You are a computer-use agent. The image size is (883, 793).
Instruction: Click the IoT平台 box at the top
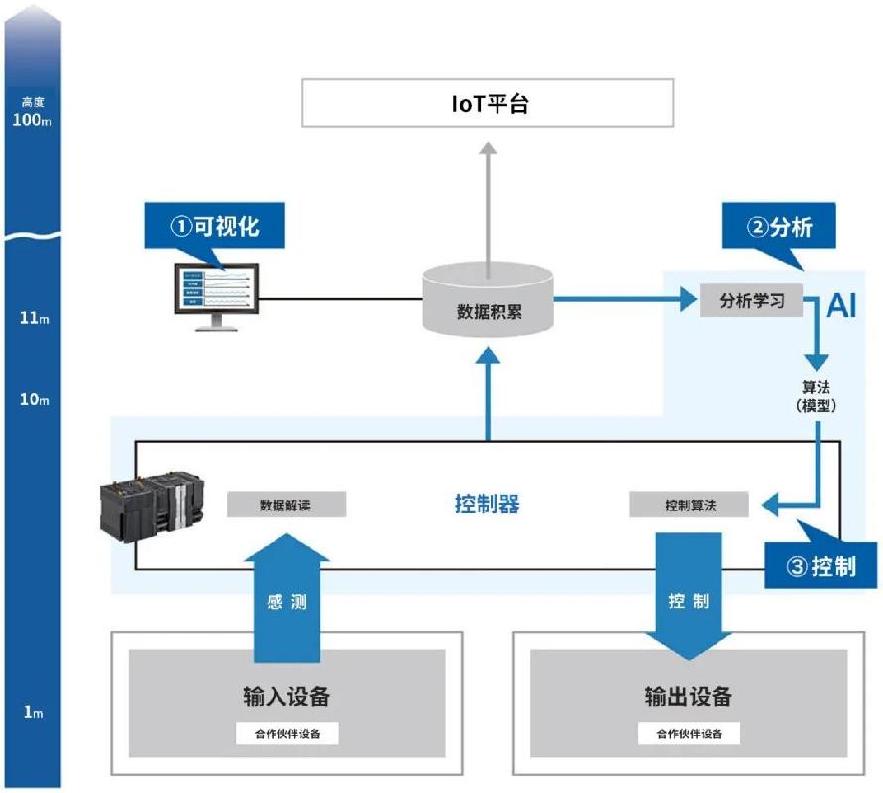[x=487, y=103]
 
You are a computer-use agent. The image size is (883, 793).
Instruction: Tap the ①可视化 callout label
[x=214, y=226]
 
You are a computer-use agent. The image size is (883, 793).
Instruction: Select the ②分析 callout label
[x=780, y=227]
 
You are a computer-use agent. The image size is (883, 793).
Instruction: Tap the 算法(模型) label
[x=819, y=396]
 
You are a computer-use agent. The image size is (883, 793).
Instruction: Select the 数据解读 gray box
[x=286, y=505]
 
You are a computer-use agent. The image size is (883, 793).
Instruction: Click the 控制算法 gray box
[x=690, y=505]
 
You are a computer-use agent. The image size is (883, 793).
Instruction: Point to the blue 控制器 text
[x=487, y=505]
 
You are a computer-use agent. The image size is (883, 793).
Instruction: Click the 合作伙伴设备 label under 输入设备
[x=287, y=734]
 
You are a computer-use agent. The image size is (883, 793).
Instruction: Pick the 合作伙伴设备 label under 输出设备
[x=689, y=734]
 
